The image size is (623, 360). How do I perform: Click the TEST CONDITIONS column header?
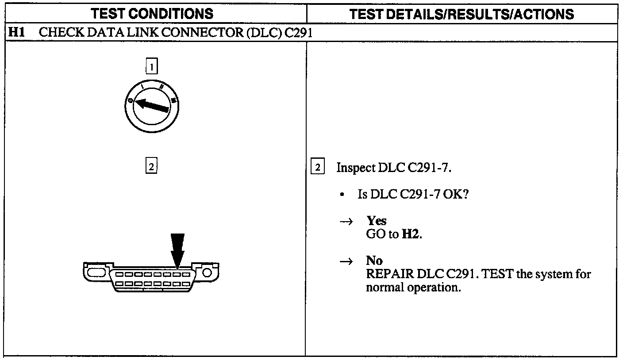[152, 14]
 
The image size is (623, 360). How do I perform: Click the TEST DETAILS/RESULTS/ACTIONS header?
[461, 14]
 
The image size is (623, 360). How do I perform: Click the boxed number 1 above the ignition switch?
[151, 67]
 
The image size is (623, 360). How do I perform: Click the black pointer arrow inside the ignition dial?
[150, 105]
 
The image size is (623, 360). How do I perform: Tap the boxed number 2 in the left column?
[151, 167]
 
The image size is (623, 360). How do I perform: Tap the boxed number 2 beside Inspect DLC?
[318, 167]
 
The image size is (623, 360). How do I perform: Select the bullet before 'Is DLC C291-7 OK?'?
[342, 195]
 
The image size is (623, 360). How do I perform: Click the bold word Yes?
[376, 221]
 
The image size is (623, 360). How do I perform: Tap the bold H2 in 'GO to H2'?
[411, 234]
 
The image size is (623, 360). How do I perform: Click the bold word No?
[374, 260]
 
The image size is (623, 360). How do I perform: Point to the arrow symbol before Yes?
[345, 222]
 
